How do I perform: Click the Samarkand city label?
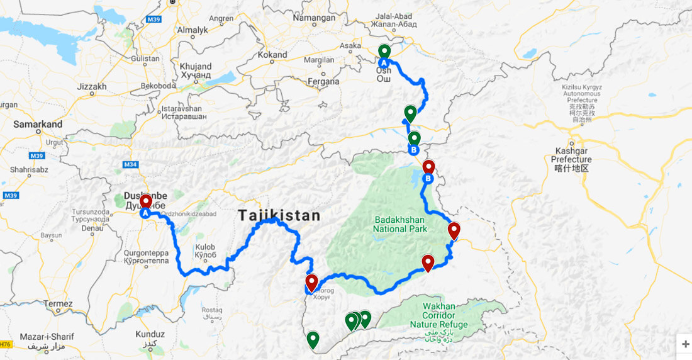coord(38,124)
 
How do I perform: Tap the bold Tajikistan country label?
coord(279,216)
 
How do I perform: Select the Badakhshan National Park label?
coord(400,224)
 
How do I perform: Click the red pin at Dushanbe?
coord(146,202)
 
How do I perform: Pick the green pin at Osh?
coord(384,52)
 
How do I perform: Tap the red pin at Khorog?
coord(311,282)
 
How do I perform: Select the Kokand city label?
coord(272,55)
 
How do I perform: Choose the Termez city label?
coord(59,304)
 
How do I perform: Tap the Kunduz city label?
coord(149,334)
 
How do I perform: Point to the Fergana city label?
coord(324,81)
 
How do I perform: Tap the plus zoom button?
coord(685,344)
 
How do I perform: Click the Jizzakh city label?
coord(92,86)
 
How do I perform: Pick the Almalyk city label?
coord(193,29)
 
